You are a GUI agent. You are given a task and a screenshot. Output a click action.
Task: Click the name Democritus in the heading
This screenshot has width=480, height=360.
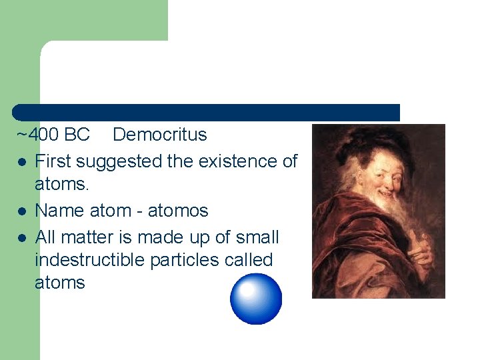click(160, 135)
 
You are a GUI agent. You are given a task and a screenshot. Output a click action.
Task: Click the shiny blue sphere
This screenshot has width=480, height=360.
click(256, 299)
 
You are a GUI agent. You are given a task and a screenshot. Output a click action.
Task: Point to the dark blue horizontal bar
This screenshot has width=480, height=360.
click(207, 112)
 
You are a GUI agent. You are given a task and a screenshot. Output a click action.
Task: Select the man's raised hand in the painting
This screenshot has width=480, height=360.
click(420, 233)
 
